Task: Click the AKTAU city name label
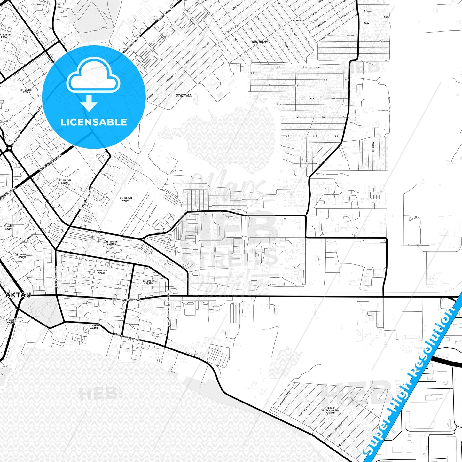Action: coord(18,295)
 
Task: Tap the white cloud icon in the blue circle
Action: coord(93,77)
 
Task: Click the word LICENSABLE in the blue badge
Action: coord(94,122)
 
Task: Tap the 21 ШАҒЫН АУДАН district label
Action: coord(126,199)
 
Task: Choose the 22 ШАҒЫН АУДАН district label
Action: coord(65,182)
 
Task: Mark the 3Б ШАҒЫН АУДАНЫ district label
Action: coord(112,243)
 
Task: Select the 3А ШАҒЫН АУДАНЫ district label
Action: coord(148,282)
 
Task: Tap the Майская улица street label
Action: coord(304,411)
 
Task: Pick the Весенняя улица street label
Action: coord(284,398)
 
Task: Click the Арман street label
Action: coord(368,11)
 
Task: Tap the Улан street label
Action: coord(382,41)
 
